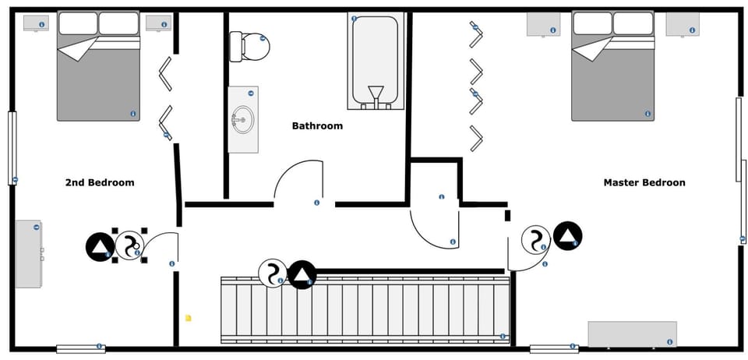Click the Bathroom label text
pyautogui.click(x=317, y=125)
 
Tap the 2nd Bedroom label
pyautogui.click(x=99, y=182)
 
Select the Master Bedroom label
pyautogui.click(x=644, y=182)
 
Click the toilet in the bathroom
pyautogui.click(x=250, y=47)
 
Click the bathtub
pyautogui.click(x=376, y=61)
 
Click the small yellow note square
pyautogui.click(x=188, y=318)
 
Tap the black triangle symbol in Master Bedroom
pyautogui.click(x=568, y=235)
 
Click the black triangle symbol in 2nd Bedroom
pyautogui.click(x=101, y=247)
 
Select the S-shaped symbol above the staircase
pyautogui.click(x=272, y=274)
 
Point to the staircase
pyautogui.click(x=365, y=310)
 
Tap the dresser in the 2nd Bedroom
pyautogui.click(x=29, y=254)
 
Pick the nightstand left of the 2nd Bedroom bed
pyautogui.click(x=36, y=23)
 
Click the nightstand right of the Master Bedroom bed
pyautogui.click(x=683, y=23)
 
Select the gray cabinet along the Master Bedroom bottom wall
pyautogui.click(x=632, y=334)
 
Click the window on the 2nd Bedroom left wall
pyautogui.click(x=12, y=148)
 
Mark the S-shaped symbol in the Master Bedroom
pyautogui.click(x=535, y=240)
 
